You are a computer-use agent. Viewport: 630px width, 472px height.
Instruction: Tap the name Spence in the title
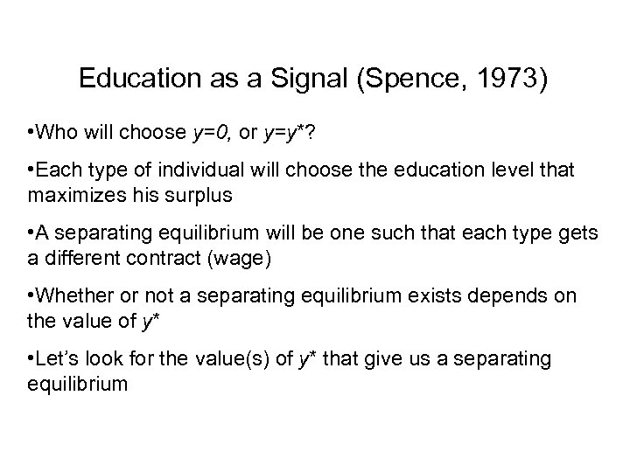click(x=394, y=80)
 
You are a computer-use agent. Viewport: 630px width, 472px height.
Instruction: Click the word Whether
click(x=77, y=296)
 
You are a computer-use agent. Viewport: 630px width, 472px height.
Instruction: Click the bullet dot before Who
click(x=31, y=132)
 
